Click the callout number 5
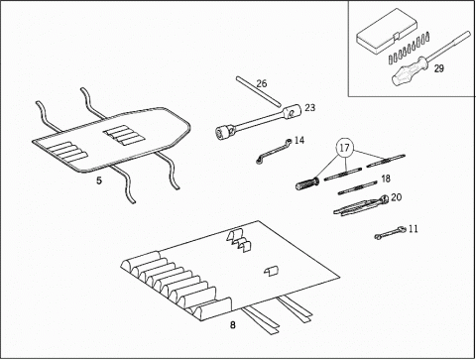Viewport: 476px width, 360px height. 99,180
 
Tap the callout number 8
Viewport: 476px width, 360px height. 233,325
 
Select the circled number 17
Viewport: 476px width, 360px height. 344,148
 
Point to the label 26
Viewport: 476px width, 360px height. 262,83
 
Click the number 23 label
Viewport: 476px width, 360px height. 309,107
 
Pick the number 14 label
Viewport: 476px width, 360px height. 299,141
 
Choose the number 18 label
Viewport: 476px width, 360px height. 386,179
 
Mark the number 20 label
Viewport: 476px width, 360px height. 396,197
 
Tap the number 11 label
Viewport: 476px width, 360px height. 414,229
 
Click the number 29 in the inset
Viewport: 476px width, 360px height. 439,68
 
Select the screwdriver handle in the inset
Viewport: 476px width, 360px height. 409,70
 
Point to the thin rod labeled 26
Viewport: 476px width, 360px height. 259,91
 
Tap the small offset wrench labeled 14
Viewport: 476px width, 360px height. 274,152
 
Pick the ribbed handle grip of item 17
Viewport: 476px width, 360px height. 307,183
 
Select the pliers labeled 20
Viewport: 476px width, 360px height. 361,205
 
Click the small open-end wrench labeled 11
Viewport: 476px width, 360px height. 390,232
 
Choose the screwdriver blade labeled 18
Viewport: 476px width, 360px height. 358,187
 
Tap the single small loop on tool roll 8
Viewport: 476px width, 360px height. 272,271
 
